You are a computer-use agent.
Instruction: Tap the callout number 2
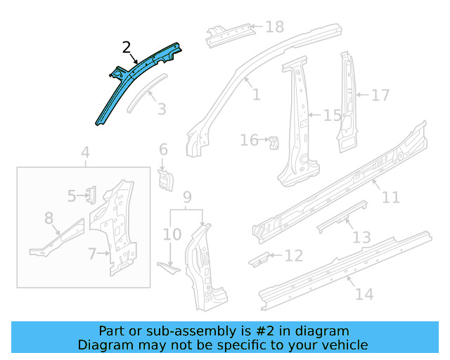[127, 48]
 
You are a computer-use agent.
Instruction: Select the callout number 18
[274, 27]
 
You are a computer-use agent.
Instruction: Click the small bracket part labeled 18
[230, 32]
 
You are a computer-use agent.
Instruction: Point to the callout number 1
[255, 94]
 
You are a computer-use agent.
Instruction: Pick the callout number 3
[162, 109]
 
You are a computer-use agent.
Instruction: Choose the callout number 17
[380, 94]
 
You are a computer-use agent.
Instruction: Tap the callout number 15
[332, 115]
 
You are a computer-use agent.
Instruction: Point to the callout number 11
[390, 197]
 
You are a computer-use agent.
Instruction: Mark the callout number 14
[364, 294]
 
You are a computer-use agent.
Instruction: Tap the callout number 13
[361, 238]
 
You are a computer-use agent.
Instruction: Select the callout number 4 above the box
[85, 153]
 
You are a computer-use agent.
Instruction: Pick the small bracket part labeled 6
[165, 177]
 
